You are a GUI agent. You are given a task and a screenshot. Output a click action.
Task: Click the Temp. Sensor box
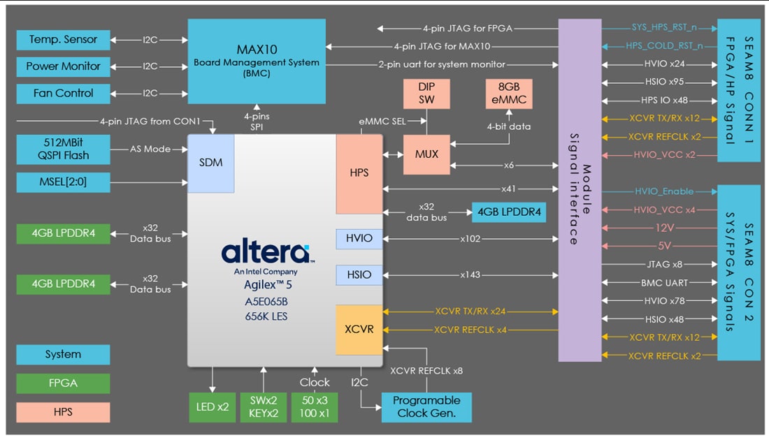pyautogui.click(x=63, y=40)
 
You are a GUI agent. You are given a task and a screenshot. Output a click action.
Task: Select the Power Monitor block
pyautogui.click(x=63, y=66)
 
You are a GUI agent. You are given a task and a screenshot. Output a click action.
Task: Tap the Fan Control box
pyautogui.click(x=63, y=93)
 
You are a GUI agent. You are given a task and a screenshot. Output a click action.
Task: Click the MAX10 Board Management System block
pyautogui.click(x=257, y=62)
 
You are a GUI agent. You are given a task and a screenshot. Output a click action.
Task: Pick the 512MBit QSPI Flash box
pyautogui.click(x=63, y=149)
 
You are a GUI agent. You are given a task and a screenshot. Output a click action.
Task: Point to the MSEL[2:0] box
pyautogui.click(x=63, y=183)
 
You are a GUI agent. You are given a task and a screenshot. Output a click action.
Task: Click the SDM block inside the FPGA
pyautogui.click(x=210, y=163)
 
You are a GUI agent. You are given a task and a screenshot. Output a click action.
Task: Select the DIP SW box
pyautogui.click(x=426, y=94)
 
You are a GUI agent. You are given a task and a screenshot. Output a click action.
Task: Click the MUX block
pyautogui.click(x=426, y=154)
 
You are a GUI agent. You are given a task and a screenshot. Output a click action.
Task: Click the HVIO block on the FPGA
pyautogui.click(x=359, y=239)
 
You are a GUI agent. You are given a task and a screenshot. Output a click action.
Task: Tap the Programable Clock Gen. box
pyautogui.click(x=426, y=407)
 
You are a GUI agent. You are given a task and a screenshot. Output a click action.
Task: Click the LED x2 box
pyautogui.click(x=213, y=407)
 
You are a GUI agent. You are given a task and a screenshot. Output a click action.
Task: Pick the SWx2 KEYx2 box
pyautogui.click(x=264, y=407)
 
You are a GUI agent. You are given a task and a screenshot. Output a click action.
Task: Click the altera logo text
pyautogui.click(x=265, y=252)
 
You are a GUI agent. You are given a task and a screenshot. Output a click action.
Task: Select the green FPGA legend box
pyautogui.click(x=63, y=383)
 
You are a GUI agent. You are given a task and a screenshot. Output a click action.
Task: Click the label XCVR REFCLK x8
pyautogui.click(x=426, y=371)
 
